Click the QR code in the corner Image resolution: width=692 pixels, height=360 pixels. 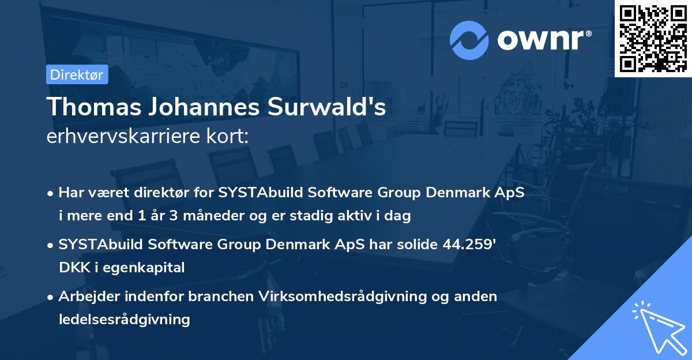point(653,38)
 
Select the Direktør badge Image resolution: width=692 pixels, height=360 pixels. point(77,74)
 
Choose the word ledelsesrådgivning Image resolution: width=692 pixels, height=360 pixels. point(124,319)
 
